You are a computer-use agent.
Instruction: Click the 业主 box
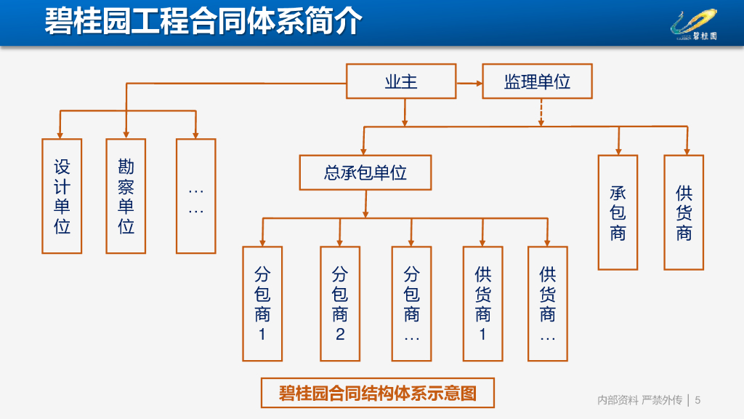[x=401, y=81]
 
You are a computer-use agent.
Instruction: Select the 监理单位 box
[x=537, y=81]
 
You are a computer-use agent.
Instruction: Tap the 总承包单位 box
[x=365, y=172]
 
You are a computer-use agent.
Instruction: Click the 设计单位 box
[x=62, y=196]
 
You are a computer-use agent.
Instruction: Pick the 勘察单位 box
[x=126, y=196]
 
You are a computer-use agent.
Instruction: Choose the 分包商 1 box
[x=262, y=304]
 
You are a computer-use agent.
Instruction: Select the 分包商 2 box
[x=340, y=304]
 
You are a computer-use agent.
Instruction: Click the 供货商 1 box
[x=483, y=304]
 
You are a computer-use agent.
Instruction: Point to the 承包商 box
[x=618, y=212]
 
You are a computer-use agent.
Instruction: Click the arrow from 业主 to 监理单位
[x=469, y=83]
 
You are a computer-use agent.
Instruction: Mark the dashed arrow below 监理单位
[x=541, y=113]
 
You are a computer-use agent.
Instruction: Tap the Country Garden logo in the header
[x=694, y=25]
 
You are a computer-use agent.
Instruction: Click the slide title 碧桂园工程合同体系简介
[x=203, y=21]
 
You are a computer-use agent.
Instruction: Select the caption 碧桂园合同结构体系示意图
[x=378, y=393]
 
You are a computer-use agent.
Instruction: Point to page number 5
[x=697, y=400]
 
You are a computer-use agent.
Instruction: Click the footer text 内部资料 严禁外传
[x=639, y=400]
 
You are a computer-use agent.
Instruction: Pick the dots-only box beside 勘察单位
[x=196, y=196]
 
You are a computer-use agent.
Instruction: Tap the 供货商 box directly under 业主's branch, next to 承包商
[x=684, y=212]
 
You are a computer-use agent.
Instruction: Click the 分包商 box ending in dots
[x=411, y=304]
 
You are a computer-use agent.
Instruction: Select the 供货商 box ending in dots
[x=548, y=304]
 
